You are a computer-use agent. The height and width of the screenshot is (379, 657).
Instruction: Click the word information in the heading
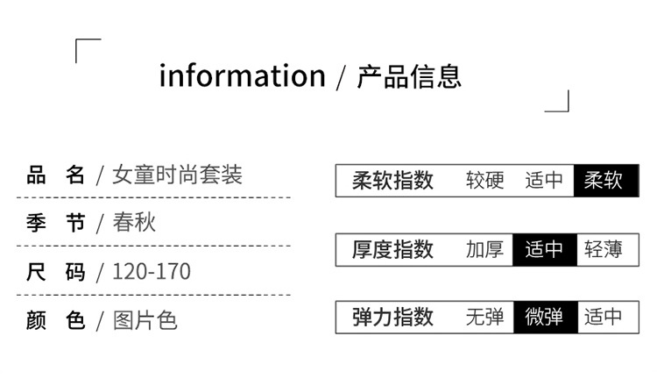click(242, 76)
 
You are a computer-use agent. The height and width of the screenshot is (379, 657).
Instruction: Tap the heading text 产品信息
click(408, 76)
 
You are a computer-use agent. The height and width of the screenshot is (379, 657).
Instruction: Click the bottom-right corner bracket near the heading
click(558, 102)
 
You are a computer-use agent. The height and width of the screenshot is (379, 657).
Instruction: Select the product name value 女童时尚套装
click(177, 175)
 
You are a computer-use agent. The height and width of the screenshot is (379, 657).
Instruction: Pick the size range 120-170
click(151, 272)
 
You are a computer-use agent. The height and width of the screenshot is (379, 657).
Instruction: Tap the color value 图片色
click(145, 320)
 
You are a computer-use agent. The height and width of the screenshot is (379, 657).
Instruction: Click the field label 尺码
click(56, 272)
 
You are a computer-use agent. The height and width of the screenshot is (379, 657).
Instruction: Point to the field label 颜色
click(56, 320)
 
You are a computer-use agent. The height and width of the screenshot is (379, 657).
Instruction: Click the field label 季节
click(56, 223)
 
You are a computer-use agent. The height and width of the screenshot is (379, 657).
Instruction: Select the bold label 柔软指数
click(392, 181)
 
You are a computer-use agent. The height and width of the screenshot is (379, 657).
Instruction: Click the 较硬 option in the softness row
click(484, 181)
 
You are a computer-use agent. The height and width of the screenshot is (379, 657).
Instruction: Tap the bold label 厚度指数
click(392, 250)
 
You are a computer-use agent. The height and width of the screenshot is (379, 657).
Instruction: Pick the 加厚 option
click(484, 250)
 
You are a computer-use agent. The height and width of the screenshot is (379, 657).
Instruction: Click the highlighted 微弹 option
click(544, 317)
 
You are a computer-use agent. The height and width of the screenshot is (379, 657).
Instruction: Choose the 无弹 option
click(484, 317)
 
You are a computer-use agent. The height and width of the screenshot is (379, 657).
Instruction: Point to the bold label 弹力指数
click(392, 317)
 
